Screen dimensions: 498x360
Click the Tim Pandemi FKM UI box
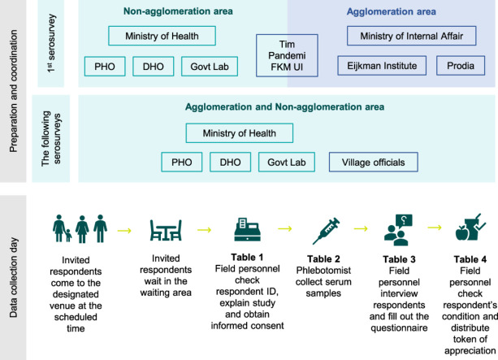[x=287, y=55]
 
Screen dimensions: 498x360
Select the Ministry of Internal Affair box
[x=411, y=36]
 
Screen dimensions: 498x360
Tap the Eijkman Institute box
[x=382, y=66]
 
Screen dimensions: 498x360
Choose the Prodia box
[x=461, y=66]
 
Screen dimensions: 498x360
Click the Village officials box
[x=373, y=163]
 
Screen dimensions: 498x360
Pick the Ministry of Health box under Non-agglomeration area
[x=162, y=36]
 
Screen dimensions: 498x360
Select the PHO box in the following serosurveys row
[x=182, y=163]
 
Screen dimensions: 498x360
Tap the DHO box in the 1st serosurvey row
[x=153, y=67]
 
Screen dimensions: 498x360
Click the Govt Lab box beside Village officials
[x=287, y=163]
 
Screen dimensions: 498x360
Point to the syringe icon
[x=326, y=231]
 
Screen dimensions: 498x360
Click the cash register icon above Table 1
[x=248, y=230]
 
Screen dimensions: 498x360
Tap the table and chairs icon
[x=166, y=230]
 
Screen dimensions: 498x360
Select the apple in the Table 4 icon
[x=462, y=233]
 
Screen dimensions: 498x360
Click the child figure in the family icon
[x=68, y=236]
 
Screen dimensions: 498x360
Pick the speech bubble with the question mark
[x=404, y=221]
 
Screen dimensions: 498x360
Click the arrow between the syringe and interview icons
[x=361, y=228]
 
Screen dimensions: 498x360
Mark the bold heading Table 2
[x=323, y=259]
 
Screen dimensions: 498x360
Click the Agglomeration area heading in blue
[x=391, y=11]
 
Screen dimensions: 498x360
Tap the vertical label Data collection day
[x=13, y=277]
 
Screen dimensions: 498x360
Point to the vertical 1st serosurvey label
[x=51, y=43]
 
